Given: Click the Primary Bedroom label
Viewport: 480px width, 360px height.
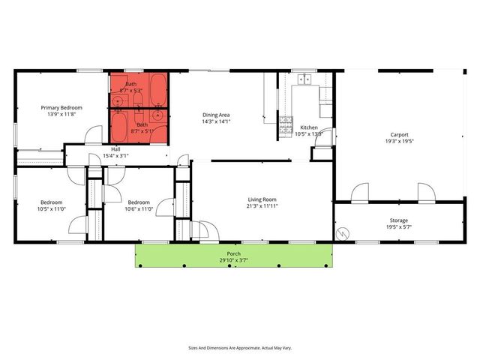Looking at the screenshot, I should (61, 108).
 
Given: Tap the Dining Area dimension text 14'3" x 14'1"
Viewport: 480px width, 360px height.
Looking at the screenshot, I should (216, 121).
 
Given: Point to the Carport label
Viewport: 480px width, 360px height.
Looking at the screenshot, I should (399, 134).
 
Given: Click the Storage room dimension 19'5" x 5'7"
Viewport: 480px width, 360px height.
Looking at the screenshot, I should (399, 226).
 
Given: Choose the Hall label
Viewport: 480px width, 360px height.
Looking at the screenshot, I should (116, 149).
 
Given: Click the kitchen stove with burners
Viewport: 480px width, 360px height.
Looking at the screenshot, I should (286, 124).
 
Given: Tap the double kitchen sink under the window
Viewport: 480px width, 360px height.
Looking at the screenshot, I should (305, 79).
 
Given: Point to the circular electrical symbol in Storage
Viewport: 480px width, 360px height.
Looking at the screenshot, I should (343, 234).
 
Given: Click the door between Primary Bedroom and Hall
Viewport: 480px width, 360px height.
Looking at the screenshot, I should (93, 136).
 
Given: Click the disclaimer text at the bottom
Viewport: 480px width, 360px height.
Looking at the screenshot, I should (239, 348).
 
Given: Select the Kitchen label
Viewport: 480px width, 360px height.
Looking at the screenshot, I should (309, 127).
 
